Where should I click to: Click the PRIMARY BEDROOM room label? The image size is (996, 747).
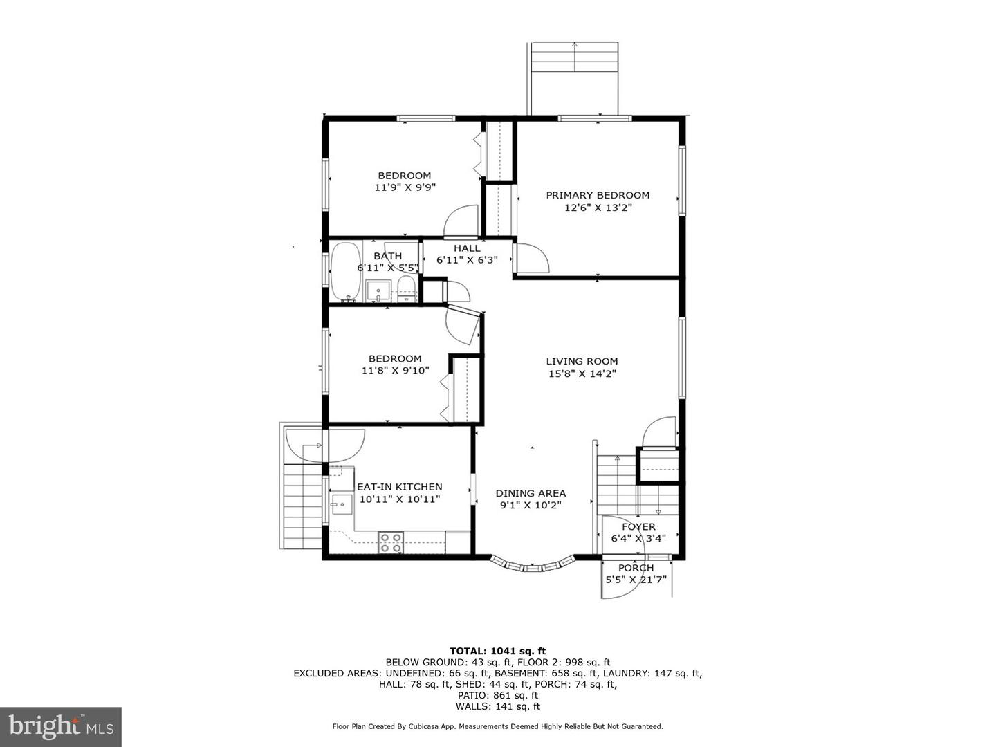click(598, 195)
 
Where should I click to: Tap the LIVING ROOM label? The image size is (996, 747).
click(582, 361)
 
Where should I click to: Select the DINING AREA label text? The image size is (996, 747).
click(531, 493)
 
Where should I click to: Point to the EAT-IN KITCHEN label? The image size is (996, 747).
click(399, 487)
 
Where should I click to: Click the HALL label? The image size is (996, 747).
click(467, 248)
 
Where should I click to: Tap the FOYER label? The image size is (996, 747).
click(638, 526)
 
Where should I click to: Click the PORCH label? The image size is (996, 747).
click(636, 568)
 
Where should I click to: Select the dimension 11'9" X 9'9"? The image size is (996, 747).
click(405, 187)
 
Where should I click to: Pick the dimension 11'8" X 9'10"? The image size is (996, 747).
click(395, 371)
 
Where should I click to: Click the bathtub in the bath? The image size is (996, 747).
click(345, 272)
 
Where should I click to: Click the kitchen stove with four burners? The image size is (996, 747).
click(391, 542)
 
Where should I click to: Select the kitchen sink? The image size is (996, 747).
click(342, 504)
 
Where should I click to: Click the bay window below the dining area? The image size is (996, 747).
click(533, 566)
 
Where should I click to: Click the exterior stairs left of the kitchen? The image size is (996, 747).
click(302, 505)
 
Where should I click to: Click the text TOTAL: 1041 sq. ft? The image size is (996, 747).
click(497, 651)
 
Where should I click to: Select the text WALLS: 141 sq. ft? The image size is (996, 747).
click(497, 706)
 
